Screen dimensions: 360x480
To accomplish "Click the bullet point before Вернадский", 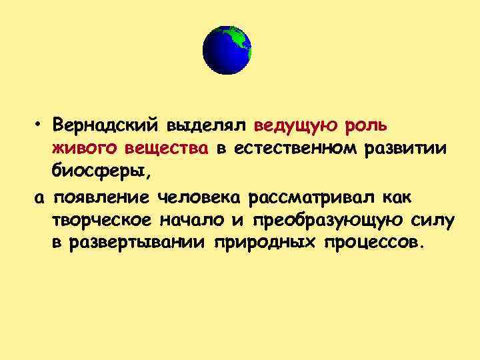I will tap(40, 125).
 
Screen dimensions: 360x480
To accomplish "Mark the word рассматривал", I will tap(313, 197).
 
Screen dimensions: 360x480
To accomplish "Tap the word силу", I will tap(427, 220).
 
